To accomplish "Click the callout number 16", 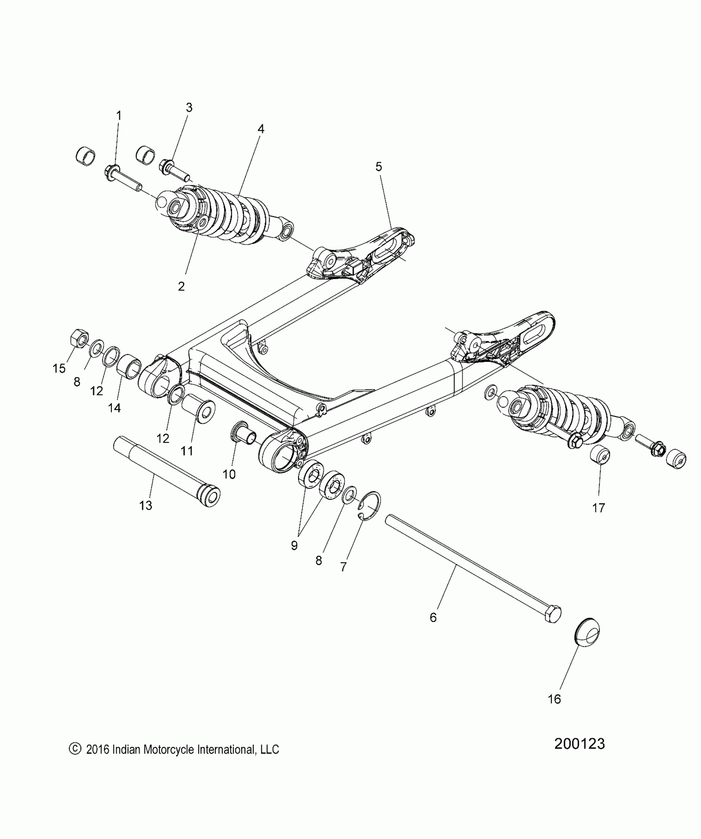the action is (555, 699).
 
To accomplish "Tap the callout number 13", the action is (146, 505).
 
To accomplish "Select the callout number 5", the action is (379, 167).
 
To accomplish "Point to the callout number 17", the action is (598, 508).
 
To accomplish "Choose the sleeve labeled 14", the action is (129, 366).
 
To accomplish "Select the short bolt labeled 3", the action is (176, 170).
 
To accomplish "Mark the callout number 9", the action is (294, 546).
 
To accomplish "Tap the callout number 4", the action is (261, 129).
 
